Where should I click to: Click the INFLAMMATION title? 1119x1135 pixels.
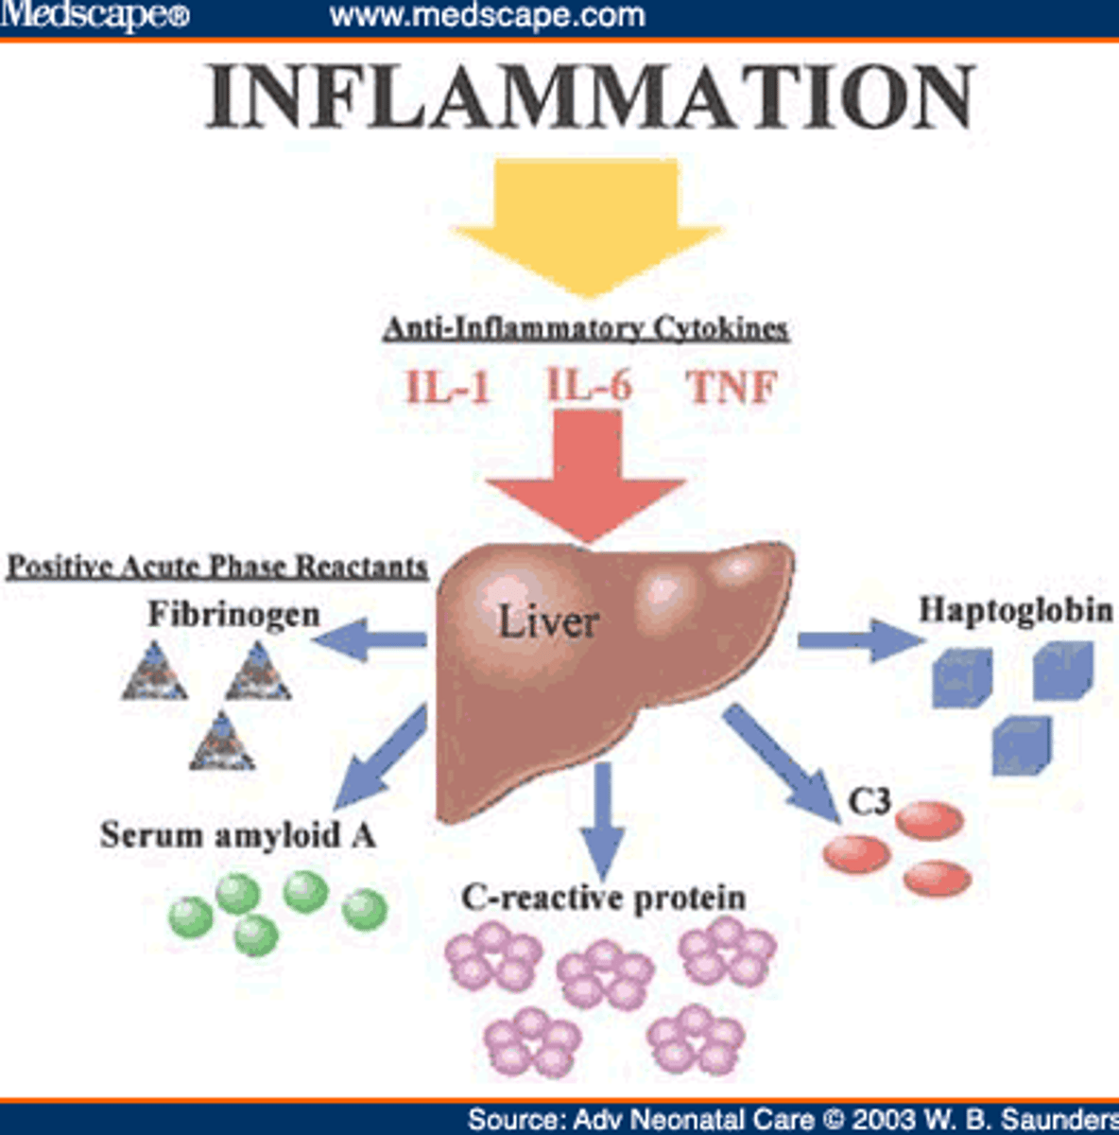590,97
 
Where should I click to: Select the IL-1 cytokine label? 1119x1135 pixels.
448,386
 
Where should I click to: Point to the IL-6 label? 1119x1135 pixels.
589,384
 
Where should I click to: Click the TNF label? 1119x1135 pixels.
732,387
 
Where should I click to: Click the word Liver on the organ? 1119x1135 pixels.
548,621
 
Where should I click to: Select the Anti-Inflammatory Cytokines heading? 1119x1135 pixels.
586,328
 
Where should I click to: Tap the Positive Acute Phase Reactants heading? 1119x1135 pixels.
217,567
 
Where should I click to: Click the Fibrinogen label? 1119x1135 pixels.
233,614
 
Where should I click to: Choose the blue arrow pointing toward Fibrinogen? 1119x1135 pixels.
369,641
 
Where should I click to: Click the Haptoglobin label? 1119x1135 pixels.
1016,609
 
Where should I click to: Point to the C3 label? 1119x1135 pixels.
869,802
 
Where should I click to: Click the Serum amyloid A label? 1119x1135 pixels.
238,835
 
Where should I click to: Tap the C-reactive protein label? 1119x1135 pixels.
603,897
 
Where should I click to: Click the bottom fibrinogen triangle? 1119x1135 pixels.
222,742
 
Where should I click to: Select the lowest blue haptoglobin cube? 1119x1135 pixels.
1022,746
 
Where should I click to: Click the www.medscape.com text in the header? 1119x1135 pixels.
487,15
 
